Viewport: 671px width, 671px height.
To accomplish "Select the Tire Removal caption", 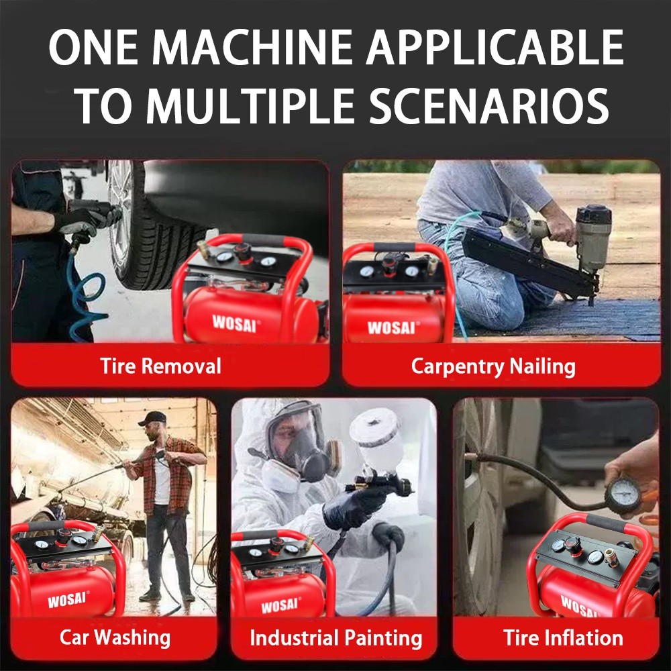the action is point(160,366).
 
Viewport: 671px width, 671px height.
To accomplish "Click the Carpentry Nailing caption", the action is point(493,367).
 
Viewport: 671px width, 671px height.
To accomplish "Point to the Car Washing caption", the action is point(115,637).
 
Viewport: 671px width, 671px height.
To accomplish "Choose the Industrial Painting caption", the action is point(336,638).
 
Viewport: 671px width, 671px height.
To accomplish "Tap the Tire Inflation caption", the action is point(563,637).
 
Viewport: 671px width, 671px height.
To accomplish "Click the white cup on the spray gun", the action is point(376,437).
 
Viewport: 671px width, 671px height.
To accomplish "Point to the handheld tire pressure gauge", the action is point(623,496).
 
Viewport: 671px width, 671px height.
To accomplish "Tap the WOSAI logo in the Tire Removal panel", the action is point(234,323).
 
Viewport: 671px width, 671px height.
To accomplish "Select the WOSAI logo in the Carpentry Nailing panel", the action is point(391,327).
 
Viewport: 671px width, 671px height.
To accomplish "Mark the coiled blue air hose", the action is point(86,295).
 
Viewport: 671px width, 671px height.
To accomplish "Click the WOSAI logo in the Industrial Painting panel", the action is point(280,605).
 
